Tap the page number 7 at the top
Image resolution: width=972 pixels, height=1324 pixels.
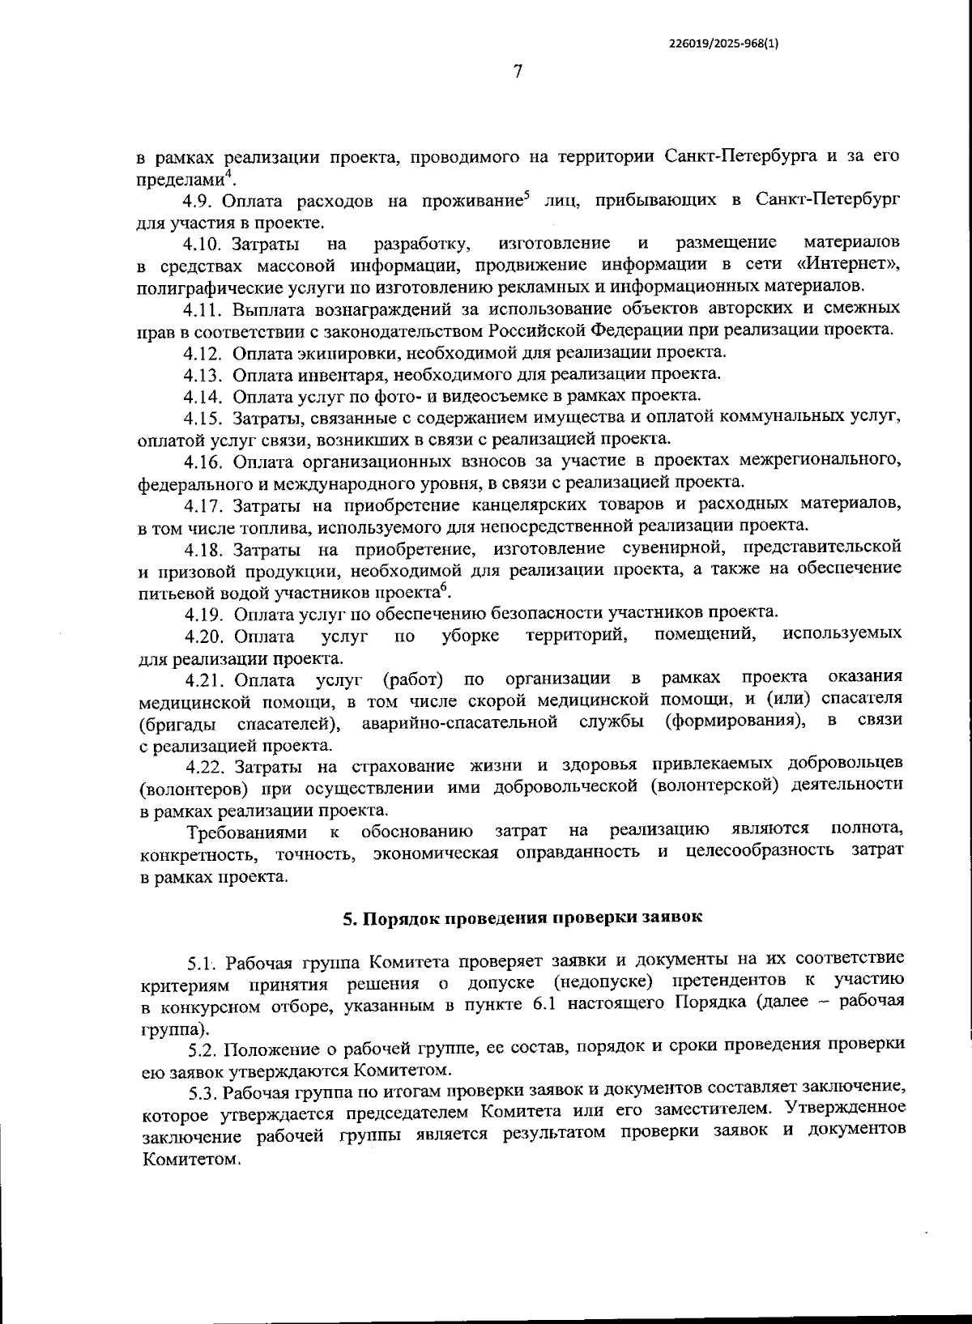click(518, 72)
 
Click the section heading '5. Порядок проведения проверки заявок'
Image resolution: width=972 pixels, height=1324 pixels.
click(522, 918)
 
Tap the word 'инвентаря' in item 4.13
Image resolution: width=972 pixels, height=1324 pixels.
click(309, 374)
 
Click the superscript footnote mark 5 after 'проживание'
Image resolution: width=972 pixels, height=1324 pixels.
click(526, 194)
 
